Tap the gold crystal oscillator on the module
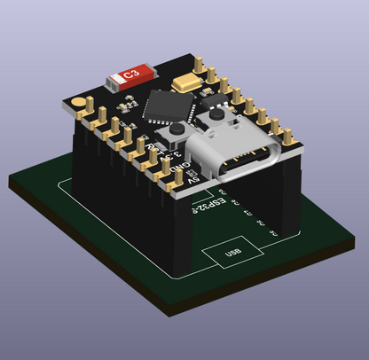click(187, 84)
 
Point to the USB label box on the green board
click(232, 255)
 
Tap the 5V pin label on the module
click(194, 180)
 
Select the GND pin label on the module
click(179, 167)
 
